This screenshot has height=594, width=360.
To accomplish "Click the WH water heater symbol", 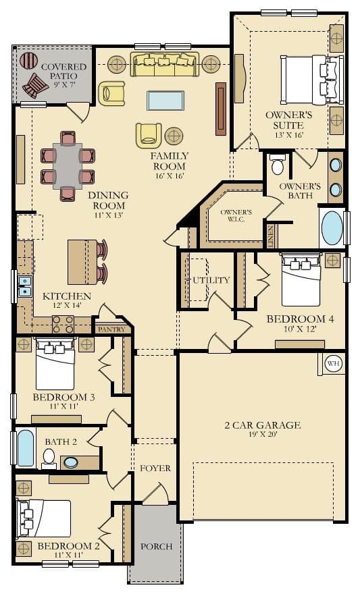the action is [x=333, y=364].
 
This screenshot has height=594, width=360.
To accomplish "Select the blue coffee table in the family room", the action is [x=165, y=101].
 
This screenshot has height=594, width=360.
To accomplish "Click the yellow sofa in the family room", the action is [x=165, y=64].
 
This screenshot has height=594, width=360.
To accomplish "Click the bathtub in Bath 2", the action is [x=26, y=448].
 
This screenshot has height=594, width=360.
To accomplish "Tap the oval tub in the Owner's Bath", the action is [x=332, y=227].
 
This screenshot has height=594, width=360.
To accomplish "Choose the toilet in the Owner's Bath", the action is [x=278, y=165].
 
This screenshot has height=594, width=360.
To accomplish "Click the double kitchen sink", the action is [x=24, y=286].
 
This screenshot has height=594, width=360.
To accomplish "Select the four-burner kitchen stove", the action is [x=63, y=324].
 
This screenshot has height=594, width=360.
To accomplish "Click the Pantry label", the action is [x=111, y=329].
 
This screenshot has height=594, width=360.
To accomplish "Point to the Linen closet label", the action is [x=271, y=237].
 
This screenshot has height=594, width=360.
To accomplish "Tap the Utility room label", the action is [x=211, y=280].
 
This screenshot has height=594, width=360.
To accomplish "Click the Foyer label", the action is [x=155, y=468].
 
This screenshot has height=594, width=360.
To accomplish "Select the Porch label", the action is [x=157, y=546].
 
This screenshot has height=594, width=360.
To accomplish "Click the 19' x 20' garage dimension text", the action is [x=263, y=434].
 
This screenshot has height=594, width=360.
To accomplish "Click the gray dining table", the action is [x=68, y=165].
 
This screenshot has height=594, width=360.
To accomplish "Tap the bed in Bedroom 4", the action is [x=302, y=279].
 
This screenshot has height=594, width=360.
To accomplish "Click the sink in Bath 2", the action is [x=71, y=462].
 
